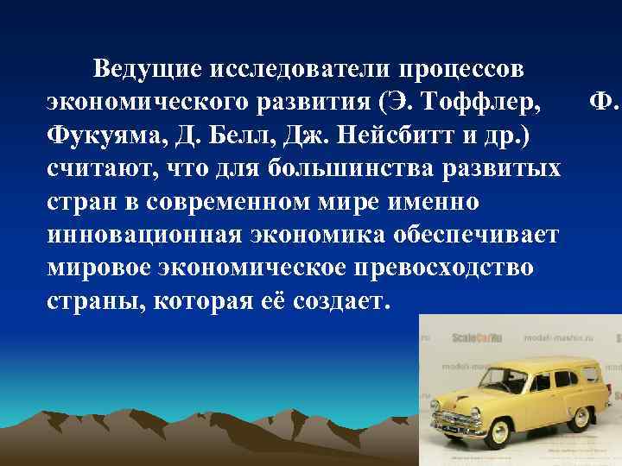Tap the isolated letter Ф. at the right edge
(604, 102)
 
